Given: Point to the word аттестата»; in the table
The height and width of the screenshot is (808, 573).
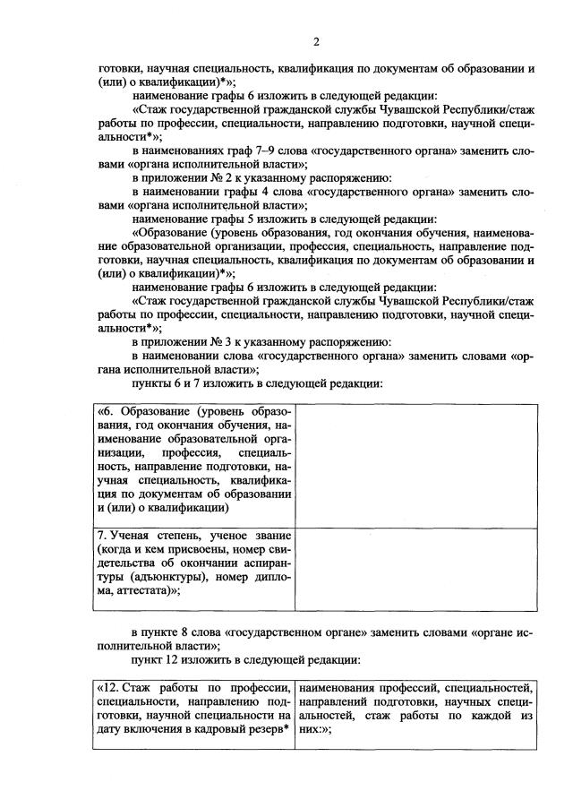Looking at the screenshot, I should point(142,591).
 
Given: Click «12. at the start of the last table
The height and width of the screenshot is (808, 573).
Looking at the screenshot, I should point(108,687).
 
